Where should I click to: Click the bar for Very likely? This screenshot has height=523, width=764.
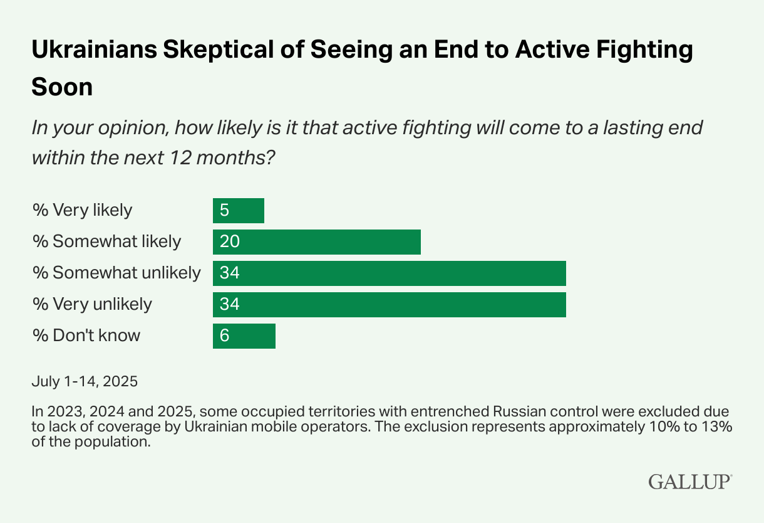(238, 211)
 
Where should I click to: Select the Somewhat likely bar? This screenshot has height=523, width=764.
(316, 242)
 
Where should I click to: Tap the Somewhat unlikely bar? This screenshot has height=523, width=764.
(389, 273)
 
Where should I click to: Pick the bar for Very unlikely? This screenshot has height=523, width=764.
(389, 305)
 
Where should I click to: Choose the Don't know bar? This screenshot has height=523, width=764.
(244, 336)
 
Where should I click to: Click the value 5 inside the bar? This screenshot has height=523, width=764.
(224, 211)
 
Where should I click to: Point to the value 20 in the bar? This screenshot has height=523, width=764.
(229, 242)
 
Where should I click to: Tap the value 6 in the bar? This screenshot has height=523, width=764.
(224, 336)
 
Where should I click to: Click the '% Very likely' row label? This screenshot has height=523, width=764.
(82, 210)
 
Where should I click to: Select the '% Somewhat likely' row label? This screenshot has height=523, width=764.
(106, 241)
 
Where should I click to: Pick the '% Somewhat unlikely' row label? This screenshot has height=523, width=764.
(116, 273)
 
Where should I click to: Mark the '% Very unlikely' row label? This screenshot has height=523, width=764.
(92, 304)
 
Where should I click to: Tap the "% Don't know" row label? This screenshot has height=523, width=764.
(86, 335)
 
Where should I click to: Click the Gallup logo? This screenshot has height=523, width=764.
(690, 482)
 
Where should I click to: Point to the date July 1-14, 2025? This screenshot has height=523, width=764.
(85, 381)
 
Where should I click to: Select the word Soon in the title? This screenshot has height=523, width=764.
(62, 87)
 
